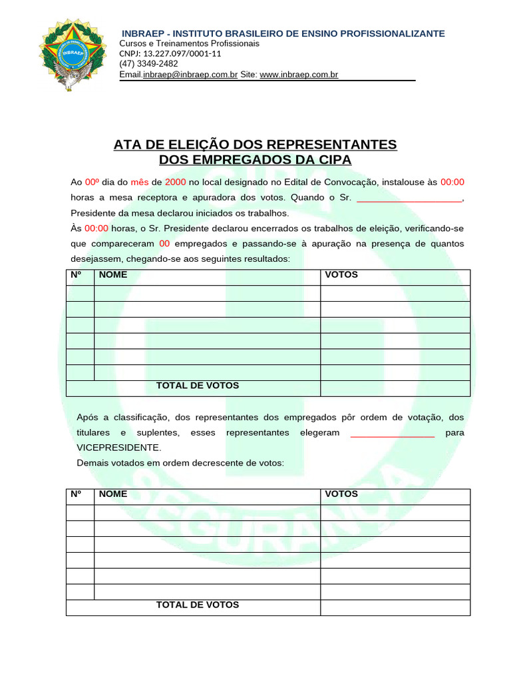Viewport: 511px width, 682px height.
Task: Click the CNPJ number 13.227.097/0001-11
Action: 170,54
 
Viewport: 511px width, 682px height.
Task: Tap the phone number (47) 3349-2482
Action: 148,64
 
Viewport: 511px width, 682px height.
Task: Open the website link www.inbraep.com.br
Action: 299,75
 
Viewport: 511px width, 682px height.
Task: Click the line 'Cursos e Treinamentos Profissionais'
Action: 189,43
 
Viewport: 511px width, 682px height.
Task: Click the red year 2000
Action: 176,182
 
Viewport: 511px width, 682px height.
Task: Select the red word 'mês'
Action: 140,182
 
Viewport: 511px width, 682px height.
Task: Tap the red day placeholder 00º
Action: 92,182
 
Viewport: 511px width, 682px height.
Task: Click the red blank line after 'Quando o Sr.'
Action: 409,198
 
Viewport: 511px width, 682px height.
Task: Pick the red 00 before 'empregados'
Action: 165,244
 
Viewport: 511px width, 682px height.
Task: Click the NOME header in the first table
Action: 113,274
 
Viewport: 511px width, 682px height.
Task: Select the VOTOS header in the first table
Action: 341,274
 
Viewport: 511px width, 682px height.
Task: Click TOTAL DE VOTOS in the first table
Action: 198,386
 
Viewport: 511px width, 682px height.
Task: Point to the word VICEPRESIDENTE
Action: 119,448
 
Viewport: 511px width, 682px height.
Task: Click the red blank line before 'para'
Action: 392,434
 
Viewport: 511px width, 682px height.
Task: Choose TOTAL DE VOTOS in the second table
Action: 198,605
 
